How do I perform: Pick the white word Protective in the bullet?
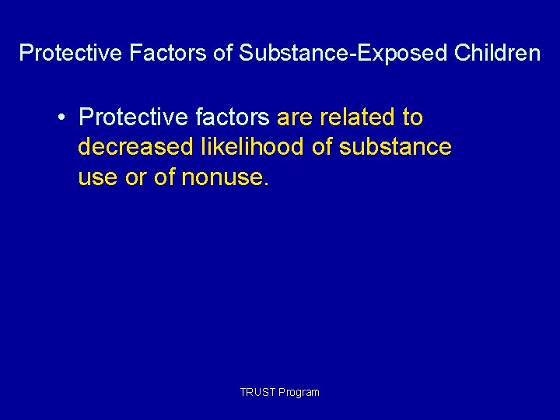(x=133, y=117)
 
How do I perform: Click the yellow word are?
(x=294, y=117)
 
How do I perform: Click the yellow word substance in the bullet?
(x=395, y=147)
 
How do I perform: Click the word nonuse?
(x=226, y=177)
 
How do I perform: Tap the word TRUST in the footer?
(x=254, y=392)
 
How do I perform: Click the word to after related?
(x=412, y=117)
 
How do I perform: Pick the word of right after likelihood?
(x=324, y=147)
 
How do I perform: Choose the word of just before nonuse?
(x=165, y=177)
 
